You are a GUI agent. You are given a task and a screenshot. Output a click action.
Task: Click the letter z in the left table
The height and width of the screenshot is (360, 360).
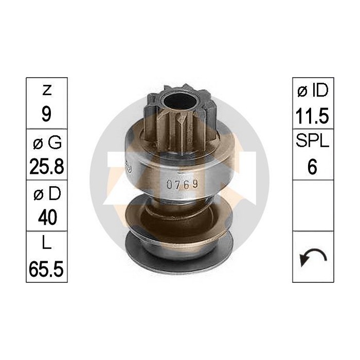coord(46,91)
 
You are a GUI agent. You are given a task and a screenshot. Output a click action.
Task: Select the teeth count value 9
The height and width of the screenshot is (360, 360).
coord(46,114)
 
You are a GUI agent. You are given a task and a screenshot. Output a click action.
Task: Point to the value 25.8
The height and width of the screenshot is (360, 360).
coord(46,165)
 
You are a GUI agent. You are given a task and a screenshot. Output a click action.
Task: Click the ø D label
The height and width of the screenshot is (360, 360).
coord(46,194)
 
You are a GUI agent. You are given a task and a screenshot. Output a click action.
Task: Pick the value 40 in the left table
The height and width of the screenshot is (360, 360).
coord(46,217)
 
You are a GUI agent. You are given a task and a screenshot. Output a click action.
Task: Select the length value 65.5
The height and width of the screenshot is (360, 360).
coord(46,268)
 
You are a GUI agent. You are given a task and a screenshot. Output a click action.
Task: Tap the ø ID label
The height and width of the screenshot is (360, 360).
coord(313,91)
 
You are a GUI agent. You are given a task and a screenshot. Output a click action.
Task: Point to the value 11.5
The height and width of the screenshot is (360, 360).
coord(313,114)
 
